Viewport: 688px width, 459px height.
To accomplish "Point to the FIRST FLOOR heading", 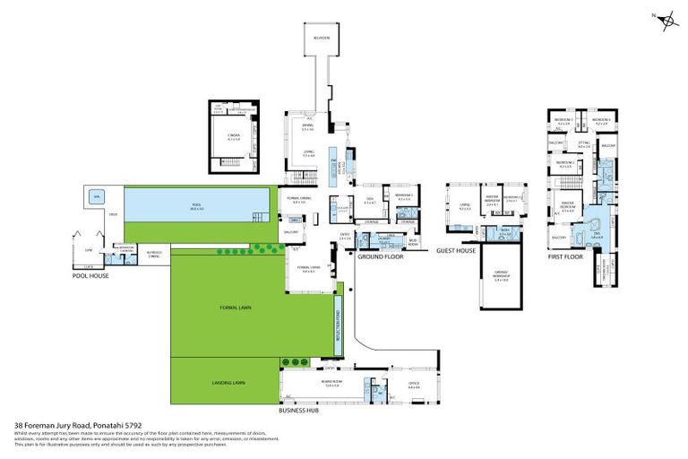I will coord(565,256).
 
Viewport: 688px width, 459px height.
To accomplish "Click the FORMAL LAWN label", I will coord(236,307).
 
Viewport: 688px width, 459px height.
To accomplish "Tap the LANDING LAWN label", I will coord(228,382).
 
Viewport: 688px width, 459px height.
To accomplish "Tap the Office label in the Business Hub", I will coord(414,386).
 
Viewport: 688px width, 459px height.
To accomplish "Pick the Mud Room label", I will coord(413,242).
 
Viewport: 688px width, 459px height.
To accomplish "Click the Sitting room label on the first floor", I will coord(583,143).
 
